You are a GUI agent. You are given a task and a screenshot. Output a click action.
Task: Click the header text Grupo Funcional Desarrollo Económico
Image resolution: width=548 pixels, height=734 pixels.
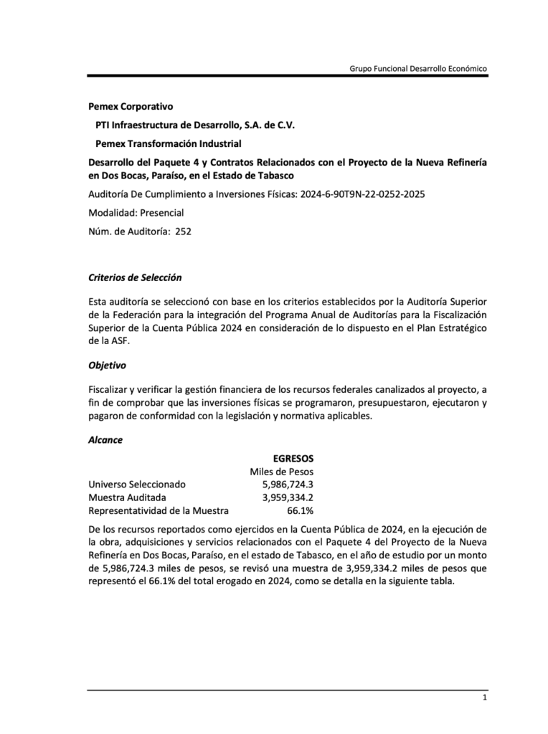(x=418, y=68)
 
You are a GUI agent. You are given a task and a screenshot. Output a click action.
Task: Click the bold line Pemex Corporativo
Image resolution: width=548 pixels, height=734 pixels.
(x=131, y=107)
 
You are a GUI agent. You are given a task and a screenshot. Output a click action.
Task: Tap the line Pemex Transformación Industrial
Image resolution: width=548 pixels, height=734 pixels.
(x=169, y=143)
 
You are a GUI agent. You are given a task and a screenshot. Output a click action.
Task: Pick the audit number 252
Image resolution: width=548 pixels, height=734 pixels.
(x=183, y=231)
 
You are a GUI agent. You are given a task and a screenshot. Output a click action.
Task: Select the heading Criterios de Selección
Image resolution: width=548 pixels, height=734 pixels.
(x=135, y=277)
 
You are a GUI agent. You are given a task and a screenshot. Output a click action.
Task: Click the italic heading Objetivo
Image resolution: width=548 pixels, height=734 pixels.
(x=107, y=365)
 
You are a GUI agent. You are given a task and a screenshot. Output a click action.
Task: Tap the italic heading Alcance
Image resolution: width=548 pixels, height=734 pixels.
(x=105, y=440)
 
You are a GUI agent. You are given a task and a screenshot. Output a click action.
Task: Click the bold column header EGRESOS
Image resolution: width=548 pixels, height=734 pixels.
(x=293, y=458)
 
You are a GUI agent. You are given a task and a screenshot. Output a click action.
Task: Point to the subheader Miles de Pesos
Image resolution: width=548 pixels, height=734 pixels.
(x=281, y=472)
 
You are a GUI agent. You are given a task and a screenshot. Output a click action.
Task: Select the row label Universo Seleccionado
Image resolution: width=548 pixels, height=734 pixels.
(x=136, y=485)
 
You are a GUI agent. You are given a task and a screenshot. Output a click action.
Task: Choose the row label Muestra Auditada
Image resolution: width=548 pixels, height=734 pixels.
(x=127, y=497)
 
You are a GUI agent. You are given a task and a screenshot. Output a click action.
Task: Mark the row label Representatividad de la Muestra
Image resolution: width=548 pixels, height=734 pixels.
(x=158, y=511)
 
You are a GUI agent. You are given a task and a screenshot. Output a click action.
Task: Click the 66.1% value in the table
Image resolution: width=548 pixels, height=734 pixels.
(x=300, y=511)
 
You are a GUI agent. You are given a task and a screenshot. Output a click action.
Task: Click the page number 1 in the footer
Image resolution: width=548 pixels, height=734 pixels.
(x=485, y=698)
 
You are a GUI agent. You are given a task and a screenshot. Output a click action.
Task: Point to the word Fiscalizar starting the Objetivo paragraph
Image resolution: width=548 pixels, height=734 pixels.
(x=108, y=389)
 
